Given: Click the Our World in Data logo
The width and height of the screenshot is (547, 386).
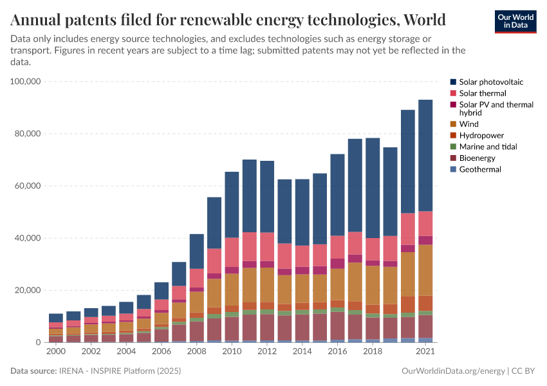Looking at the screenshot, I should (515, 21).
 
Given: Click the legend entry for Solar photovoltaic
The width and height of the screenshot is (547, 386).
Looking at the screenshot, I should (487, 82).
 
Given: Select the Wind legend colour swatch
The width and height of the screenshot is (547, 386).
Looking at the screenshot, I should (454, 124).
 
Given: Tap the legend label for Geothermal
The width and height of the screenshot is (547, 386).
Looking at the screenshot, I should (479, 169).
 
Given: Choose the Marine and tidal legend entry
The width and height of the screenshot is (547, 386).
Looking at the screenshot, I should (488, 147).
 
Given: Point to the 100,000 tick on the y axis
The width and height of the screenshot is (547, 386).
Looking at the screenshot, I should (26, 82).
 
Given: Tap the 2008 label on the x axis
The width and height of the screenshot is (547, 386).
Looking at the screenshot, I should (197, 352).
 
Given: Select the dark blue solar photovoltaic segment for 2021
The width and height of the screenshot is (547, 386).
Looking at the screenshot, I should (425, 154).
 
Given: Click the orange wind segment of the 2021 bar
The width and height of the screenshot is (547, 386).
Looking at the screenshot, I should (425, 270).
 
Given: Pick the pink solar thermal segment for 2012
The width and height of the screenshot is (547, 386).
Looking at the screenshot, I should (267, 246).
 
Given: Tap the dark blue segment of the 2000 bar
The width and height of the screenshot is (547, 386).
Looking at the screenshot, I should (56, 318).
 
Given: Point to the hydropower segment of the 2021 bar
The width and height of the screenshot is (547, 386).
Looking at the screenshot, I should (425, 303).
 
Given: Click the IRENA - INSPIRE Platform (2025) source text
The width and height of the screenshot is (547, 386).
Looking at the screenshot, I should (119, 371).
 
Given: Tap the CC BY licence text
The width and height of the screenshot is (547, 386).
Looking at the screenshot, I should (524, 371).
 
